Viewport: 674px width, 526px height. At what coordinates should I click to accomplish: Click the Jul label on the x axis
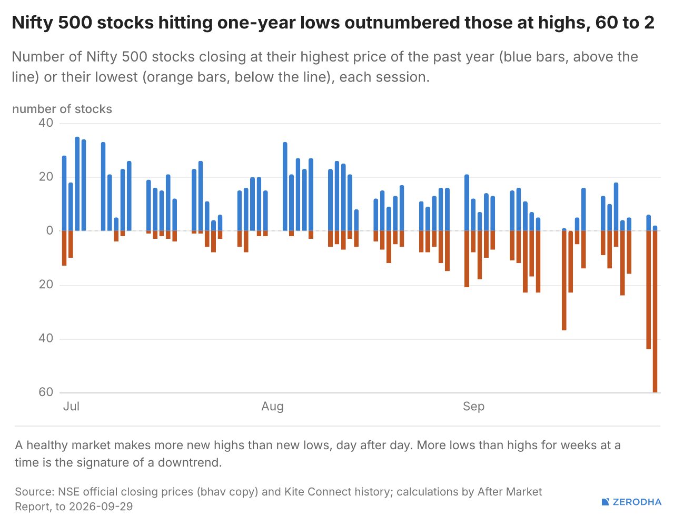click(71, 406)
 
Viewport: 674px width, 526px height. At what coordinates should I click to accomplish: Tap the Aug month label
click(272, 407)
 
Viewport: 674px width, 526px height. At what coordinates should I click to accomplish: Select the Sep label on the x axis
click(473, 407)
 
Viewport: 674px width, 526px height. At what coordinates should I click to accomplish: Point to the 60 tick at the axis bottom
click(46, 392)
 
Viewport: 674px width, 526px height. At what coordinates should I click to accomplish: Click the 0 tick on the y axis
click(49, 230)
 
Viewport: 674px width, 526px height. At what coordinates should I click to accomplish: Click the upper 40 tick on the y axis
click(46, 123)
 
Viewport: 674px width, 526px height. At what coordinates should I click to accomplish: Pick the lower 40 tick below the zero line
click(46, 338)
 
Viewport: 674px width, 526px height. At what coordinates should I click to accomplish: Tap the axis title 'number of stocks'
click(62, 109)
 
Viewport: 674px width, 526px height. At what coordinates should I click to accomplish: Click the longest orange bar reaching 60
click(655, 311)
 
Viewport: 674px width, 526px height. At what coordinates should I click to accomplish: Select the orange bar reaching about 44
click(649, 290)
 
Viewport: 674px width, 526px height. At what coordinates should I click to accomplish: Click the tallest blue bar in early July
click(77, 184)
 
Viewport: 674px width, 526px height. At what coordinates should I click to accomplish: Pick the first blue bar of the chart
click(64, 193)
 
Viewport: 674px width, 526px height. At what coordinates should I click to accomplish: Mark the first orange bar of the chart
click(64, 248)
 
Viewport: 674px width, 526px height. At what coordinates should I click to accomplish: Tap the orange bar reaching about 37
click(564, 281)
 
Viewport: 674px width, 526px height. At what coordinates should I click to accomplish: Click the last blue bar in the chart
click(655, 228)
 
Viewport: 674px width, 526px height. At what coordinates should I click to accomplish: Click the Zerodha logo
click(631, 502)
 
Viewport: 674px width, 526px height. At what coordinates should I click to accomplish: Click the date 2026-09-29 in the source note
click(101, 507)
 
